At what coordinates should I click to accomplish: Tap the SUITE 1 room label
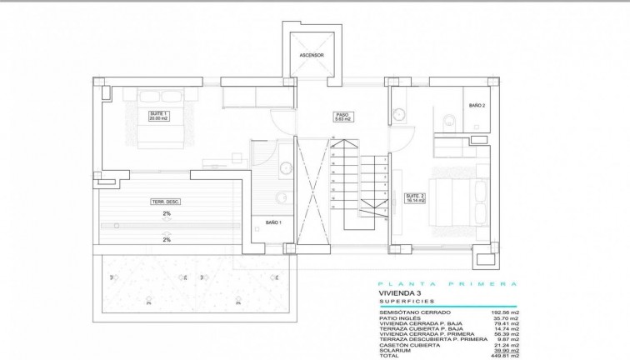[158, 112]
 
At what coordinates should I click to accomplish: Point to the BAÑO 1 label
[273, 223]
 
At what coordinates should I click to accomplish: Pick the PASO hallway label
[342, 115]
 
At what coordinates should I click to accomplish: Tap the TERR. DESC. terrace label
[167, 202]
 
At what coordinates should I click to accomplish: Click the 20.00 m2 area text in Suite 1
[158, 118]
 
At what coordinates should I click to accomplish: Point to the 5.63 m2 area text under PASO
[342, 120]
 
